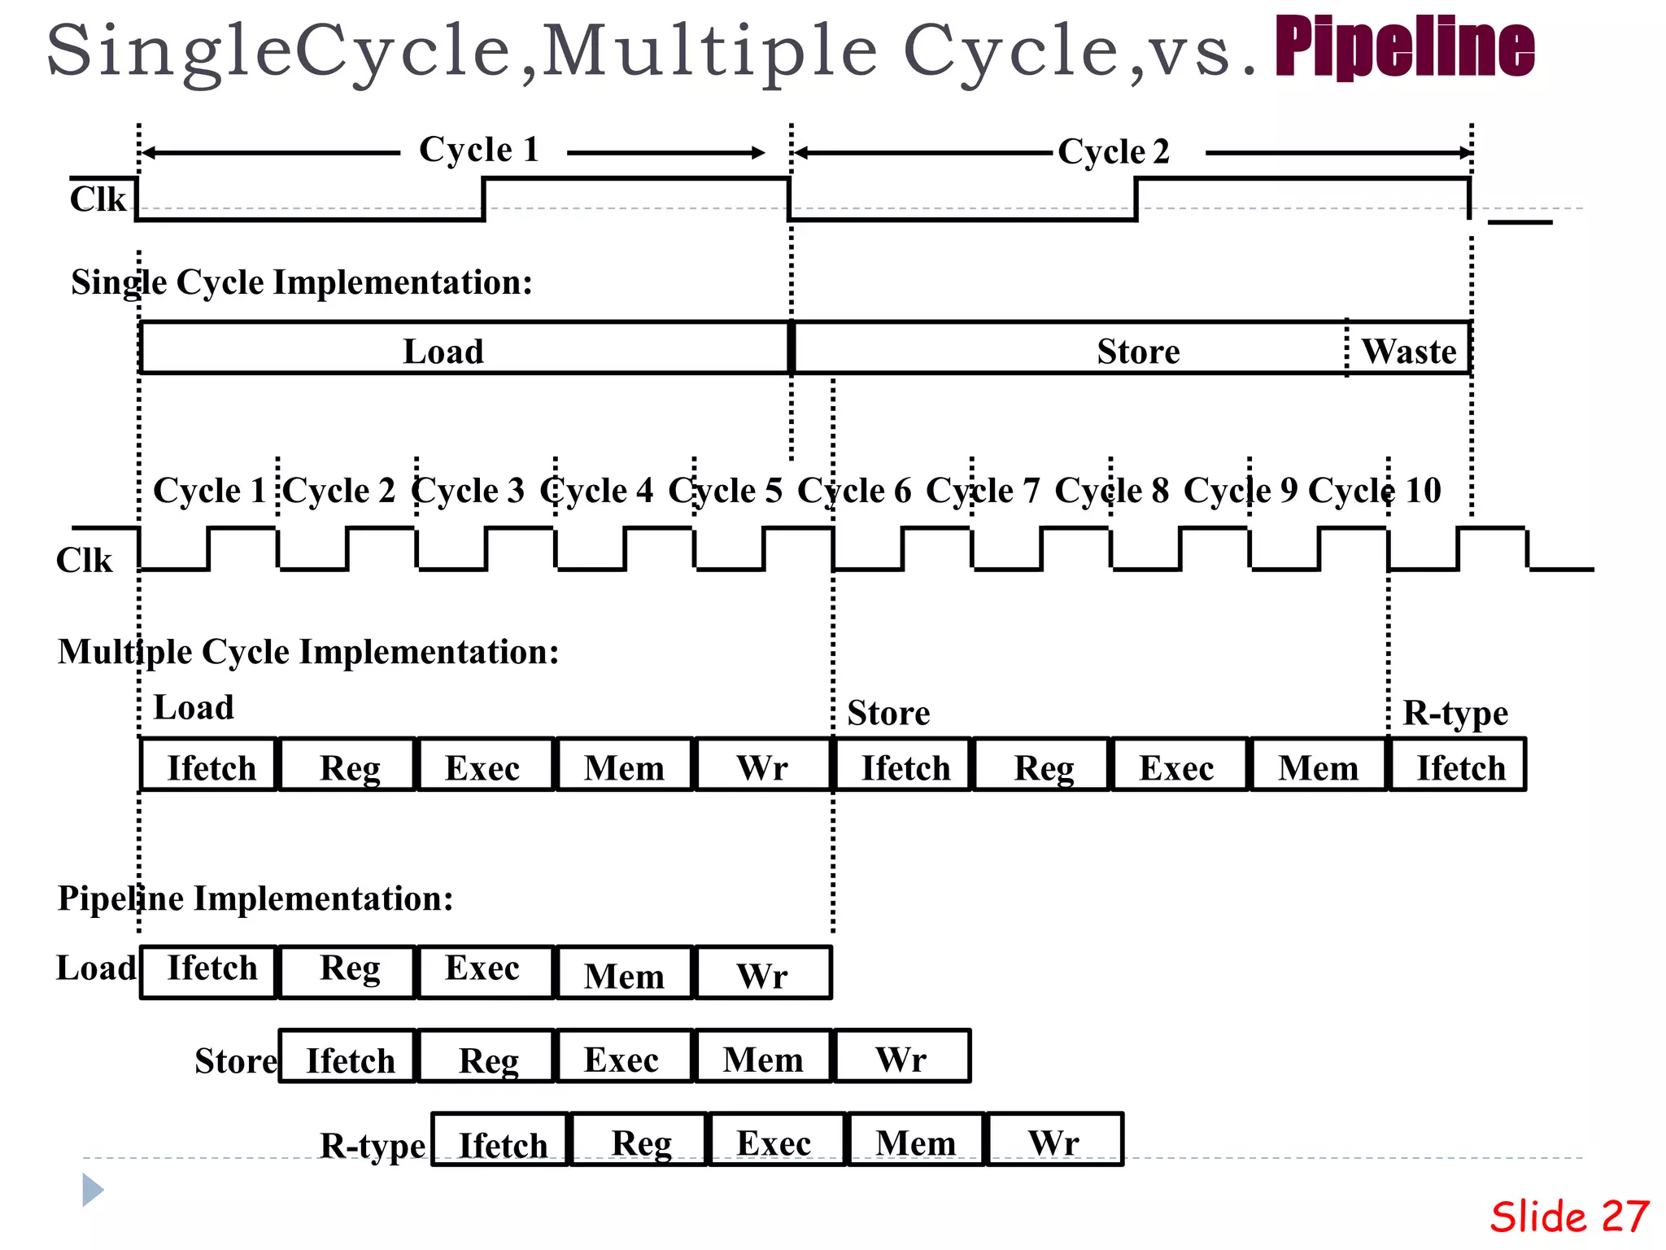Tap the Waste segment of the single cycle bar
point(1409,351)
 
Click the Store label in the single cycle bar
point(1137,352)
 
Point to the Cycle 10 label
point(1374,490)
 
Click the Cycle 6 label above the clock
point(853,490)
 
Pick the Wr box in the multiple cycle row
point(762,765)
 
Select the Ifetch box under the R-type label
point(1459,765)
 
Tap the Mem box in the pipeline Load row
point(624,973)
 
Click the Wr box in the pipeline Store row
point(901,1057)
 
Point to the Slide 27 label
point(1569,1217)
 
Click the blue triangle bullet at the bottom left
point(93,1190)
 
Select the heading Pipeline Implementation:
point(255,898)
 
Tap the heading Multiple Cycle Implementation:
point(308,652)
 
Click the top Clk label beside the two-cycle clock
point(98,199)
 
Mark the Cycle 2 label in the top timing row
point(1113,151)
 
